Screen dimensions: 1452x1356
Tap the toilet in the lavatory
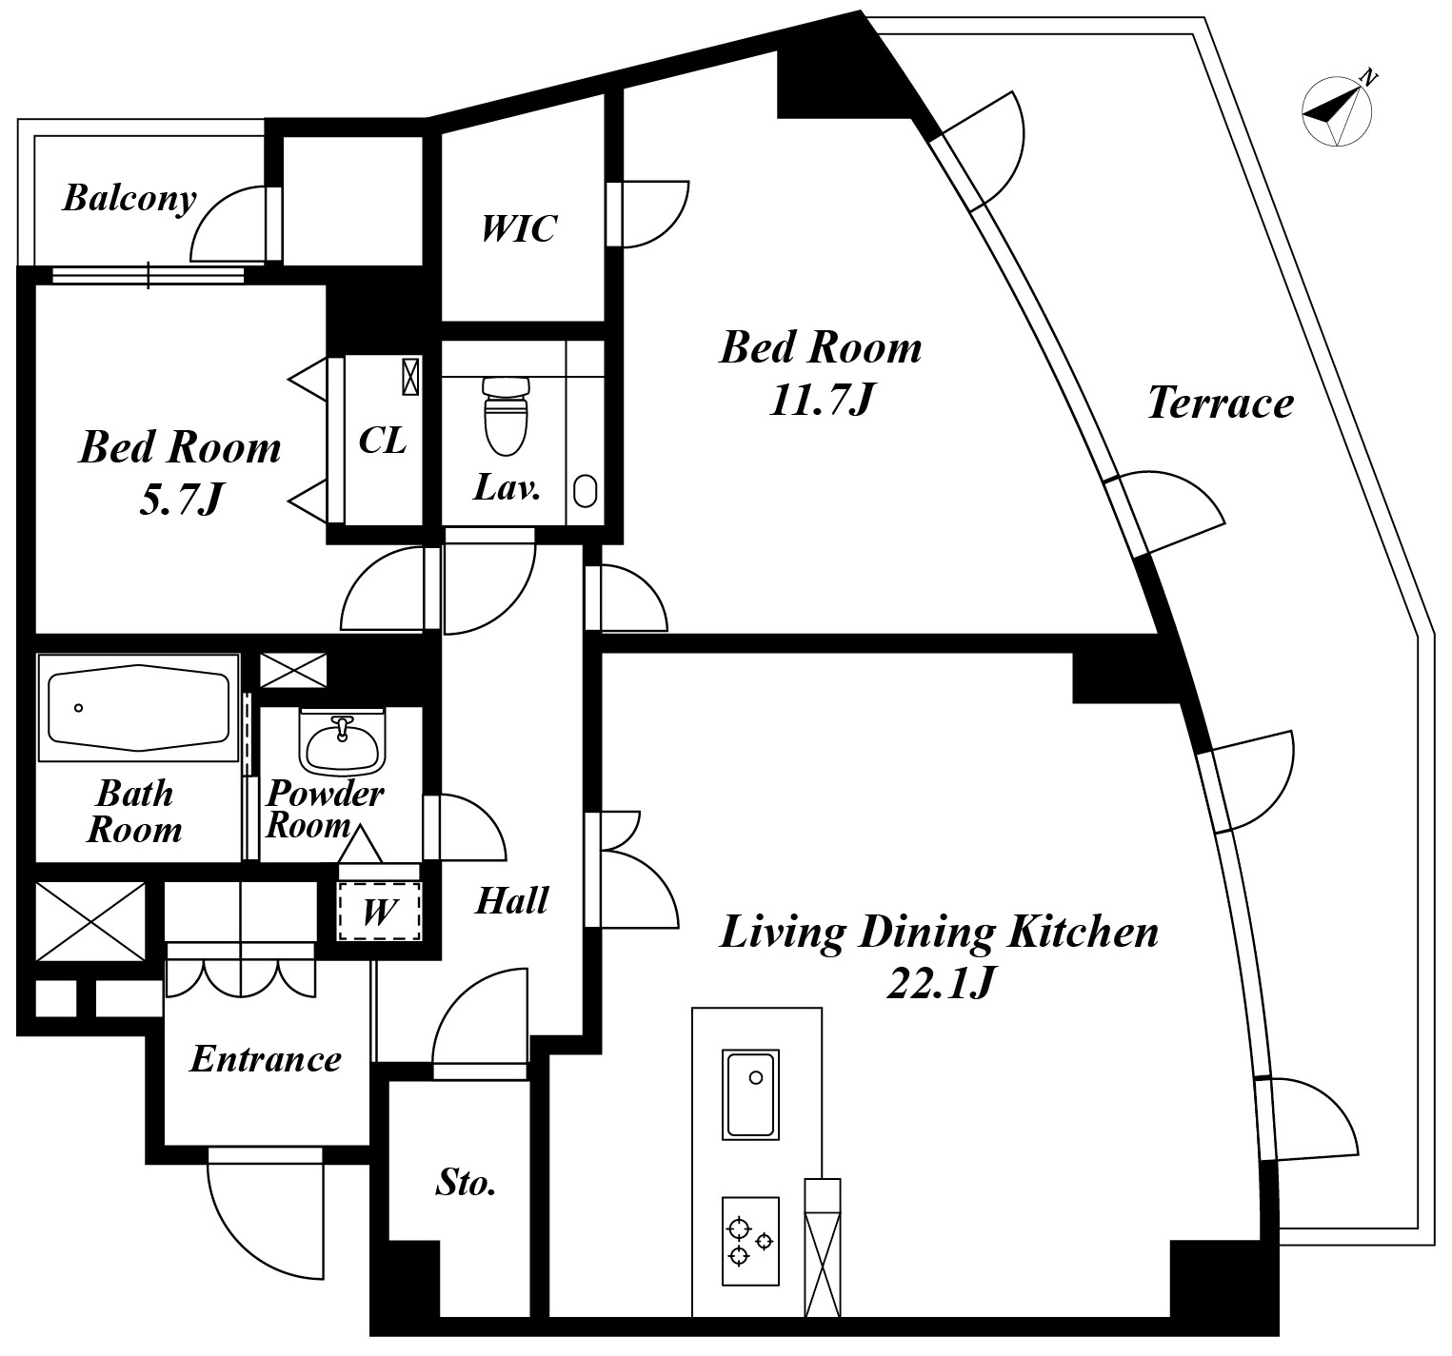(x=505, y=416)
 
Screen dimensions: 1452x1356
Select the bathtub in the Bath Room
(x=139, y=708)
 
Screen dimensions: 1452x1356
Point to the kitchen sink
(x=751, y=1094)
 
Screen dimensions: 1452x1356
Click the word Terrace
(x=1220, y=403)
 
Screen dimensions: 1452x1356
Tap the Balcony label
(x=129, y=199)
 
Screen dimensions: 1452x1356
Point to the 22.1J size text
(x=941, y=984)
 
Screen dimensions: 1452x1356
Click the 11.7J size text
(x=821, y=401)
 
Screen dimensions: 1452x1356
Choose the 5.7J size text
(x=180, y=499)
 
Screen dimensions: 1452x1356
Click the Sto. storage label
(x=466, y=1183)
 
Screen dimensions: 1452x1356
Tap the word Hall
(x=512, y=900)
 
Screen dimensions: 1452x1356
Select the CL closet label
(x=383, y=440)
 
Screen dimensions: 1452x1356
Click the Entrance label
(x=265, y=1059)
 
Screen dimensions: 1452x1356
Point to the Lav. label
(x=507, y=488)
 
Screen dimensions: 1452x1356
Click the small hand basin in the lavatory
(x=585, y=491)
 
